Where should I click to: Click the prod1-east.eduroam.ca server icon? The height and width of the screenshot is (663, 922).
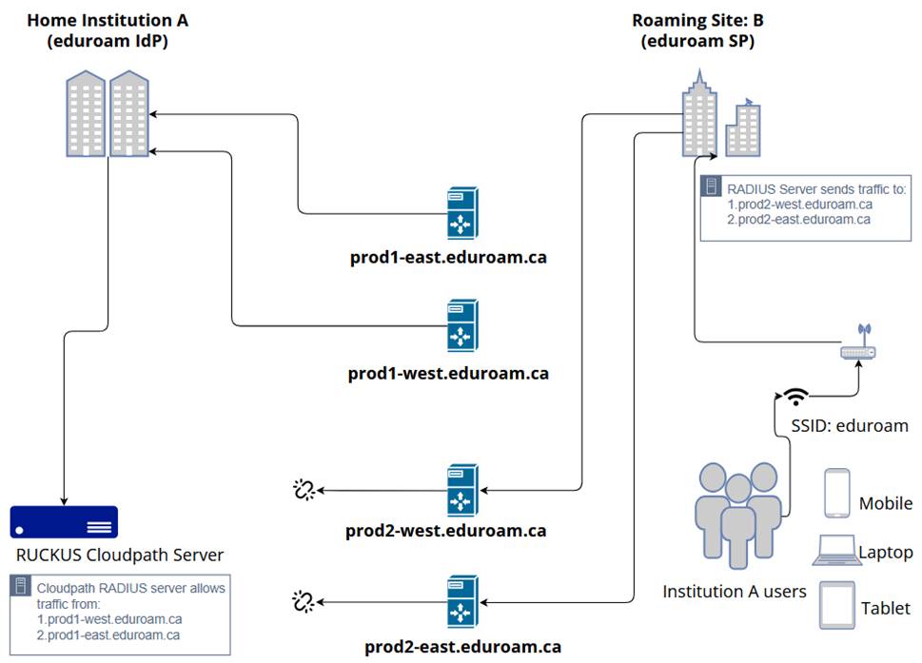[x=462, y=212]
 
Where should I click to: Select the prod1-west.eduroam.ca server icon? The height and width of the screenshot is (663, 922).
[x=462, y=326]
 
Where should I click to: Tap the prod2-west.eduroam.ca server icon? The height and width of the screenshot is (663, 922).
[x=462, y=490]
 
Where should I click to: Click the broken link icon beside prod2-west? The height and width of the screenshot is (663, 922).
[x=304, y=490]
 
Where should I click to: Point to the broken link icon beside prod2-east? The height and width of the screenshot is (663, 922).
[x=304, y=601]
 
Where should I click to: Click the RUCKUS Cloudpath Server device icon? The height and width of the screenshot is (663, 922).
[x=64, y=522]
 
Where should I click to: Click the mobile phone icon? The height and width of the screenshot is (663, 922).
[x=837, y=493]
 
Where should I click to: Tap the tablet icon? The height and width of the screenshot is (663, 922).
[x=837, y=606]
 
